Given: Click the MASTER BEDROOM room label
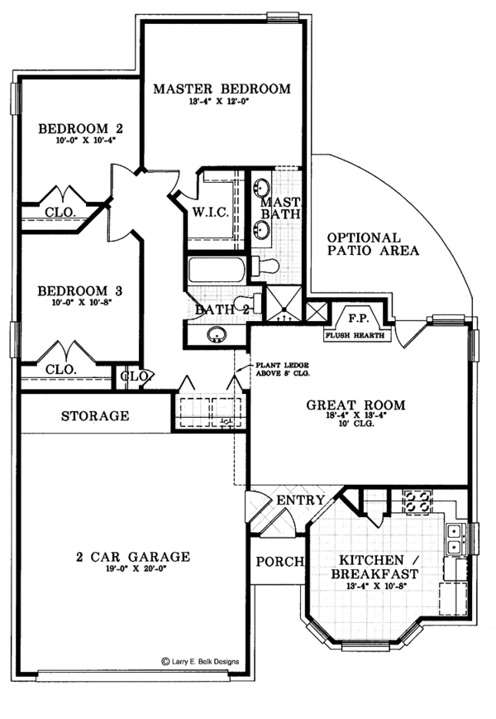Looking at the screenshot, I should [x=222, y=89].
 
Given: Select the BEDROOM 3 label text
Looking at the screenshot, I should [x=81, y=291].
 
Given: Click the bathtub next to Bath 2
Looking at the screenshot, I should [x=217, y=269].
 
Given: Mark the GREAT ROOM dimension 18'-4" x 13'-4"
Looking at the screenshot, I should [x=355, y=419].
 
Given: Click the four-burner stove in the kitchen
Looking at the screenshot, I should [x=413, y=501].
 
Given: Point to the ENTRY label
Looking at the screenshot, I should [x=293, y=501].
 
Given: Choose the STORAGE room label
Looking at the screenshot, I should [x=94, y=415].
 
